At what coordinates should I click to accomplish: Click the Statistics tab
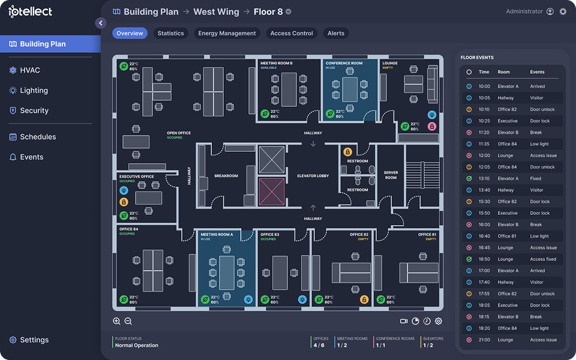[170, 33]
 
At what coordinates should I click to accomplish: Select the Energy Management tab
[227, 33]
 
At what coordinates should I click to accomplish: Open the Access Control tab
[292, 33]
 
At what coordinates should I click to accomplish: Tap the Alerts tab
[336, 33]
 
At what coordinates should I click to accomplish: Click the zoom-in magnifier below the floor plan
[116, 321]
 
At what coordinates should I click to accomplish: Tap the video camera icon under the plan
[404, 321]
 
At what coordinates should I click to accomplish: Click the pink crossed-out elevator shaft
[272, 192]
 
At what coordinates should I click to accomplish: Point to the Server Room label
[391, 175]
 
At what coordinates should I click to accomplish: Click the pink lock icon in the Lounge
[432, 127]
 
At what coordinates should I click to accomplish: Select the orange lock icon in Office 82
[364, 299]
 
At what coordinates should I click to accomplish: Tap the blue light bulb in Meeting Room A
[248, 299]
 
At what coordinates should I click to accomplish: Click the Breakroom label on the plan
[226, 176]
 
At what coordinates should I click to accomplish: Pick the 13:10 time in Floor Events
[484, 179]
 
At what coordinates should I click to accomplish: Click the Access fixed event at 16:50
[543, 259]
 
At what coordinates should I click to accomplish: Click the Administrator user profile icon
[550, 11]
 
